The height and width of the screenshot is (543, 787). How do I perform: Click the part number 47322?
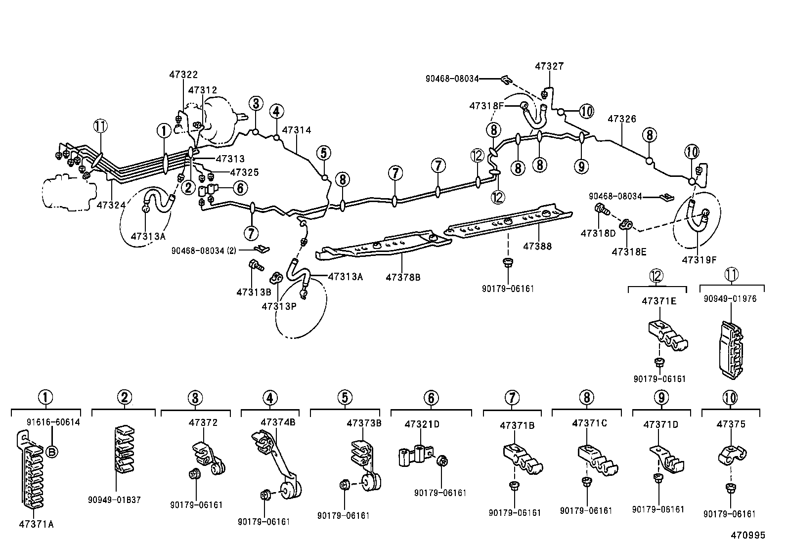point(183,75)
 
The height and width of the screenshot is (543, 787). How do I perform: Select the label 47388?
point(537,246)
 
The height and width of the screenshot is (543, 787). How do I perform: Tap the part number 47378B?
point(403,277)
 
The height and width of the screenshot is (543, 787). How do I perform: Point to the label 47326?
point(622,119)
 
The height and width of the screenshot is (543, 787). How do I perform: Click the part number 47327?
point(549,66)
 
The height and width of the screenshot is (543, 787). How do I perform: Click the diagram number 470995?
point(748,535)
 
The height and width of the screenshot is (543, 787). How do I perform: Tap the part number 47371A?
point(37,524)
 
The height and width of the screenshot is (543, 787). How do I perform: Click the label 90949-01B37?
point(118,500)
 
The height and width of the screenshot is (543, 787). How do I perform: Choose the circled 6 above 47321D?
point(431,397)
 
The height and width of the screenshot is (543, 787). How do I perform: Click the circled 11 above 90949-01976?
point(732,275)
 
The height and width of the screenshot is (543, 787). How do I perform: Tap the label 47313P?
point(279,306)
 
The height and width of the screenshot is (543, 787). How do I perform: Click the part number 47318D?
point(598,233)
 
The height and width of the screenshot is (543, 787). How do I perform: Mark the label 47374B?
point(278,422)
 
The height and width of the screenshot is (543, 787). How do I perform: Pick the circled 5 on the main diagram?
point(323,153)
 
